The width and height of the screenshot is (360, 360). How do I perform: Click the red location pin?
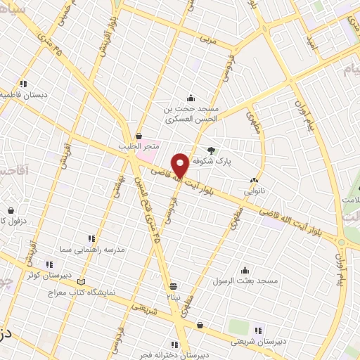click(181, 164)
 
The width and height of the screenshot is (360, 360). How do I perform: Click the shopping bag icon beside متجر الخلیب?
click(139, 136)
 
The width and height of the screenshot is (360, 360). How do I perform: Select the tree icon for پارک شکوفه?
click(211, 149)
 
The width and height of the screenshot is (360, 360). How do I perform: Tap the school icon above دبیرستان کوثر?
click(41, 265)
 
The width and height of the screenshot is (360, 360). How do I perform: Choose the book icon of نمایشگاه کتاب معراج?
click(82, 282)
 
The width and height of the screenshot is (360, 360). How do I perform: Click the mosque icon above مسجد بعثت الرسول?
click(245, 270)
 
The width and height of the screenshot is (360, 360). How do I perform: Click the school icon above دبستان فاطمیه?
click(24, 84)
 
